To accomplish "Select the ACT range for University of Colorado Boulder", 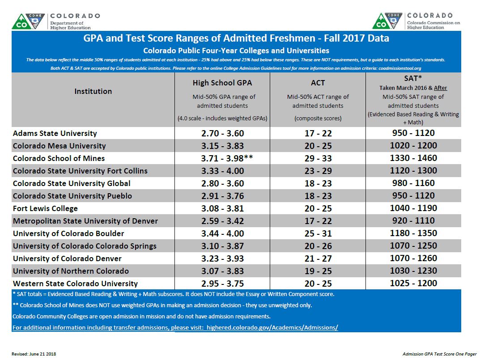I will click(x=318, y=233).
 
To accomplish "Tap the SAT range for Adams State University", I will click(x=413, y=133).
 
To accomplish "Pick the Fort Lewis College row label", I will click(x=45, y=208).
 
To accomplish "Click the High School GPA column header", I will click(x=222, y=83).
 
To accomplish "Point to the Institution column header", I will click(x=93, y=91).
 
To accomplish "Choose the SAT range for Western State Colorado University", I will click(x=413, y=284).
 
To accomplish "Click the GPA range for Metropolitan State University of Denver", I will click(x=222, y=221).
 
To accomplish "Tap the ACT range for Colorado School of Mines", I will click(x=318, y=158).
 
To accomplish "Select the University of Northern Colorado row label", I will click(x=71, y=271).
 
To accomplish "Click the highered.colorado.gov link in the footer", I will click(x=175, y=328).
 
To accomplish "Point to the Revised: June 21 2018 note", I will click(x=34, y=354).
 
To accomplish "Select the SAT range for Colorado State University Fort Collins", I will click(x=413, y=171).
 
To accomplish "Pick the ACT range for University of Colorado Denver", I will click(x=318, y=258).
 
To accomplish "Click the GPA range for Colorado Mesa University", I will click(x=222, y=146).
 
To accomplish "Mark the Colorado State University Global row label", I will click(x=72, y=183).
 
